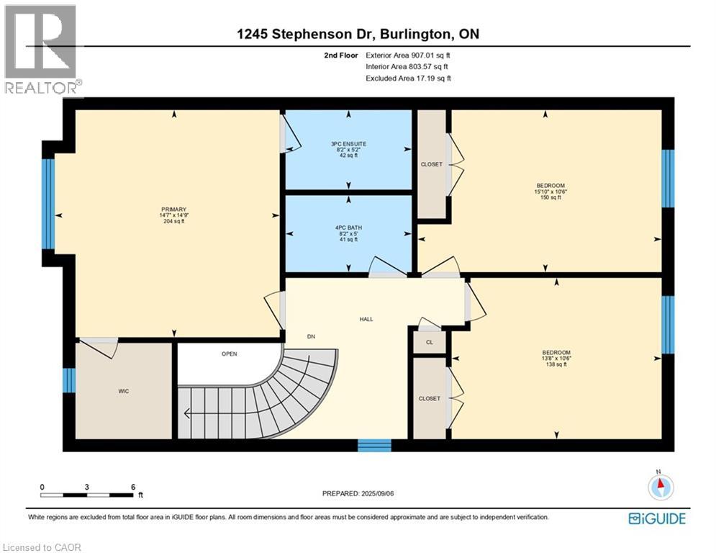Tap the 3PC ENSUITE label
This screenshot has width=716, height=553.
[348, 144]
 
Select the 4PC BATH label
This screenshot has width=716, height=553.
[348, 226]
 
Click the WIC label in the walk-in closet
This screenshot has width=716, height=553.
[124, 391]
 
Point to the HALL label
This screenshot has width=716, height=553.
[366, 319]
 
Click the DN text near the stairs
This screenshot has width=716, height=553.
[311, 336]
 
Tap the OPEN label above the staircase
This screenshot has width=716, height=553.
[229, 354]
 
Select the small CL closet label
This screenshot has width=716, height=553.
[430, 342]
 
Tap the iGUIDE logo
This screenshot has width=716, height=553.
[656, 518]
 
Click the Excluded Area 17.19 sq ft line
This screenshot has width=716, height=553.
[408, 78]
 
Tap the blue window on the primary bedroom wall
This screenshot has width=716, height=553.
[48, 204]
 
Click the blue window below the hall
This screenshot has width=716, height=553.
[374, 445]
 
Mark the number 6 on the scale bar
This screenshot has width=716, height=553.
[133, 487]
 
